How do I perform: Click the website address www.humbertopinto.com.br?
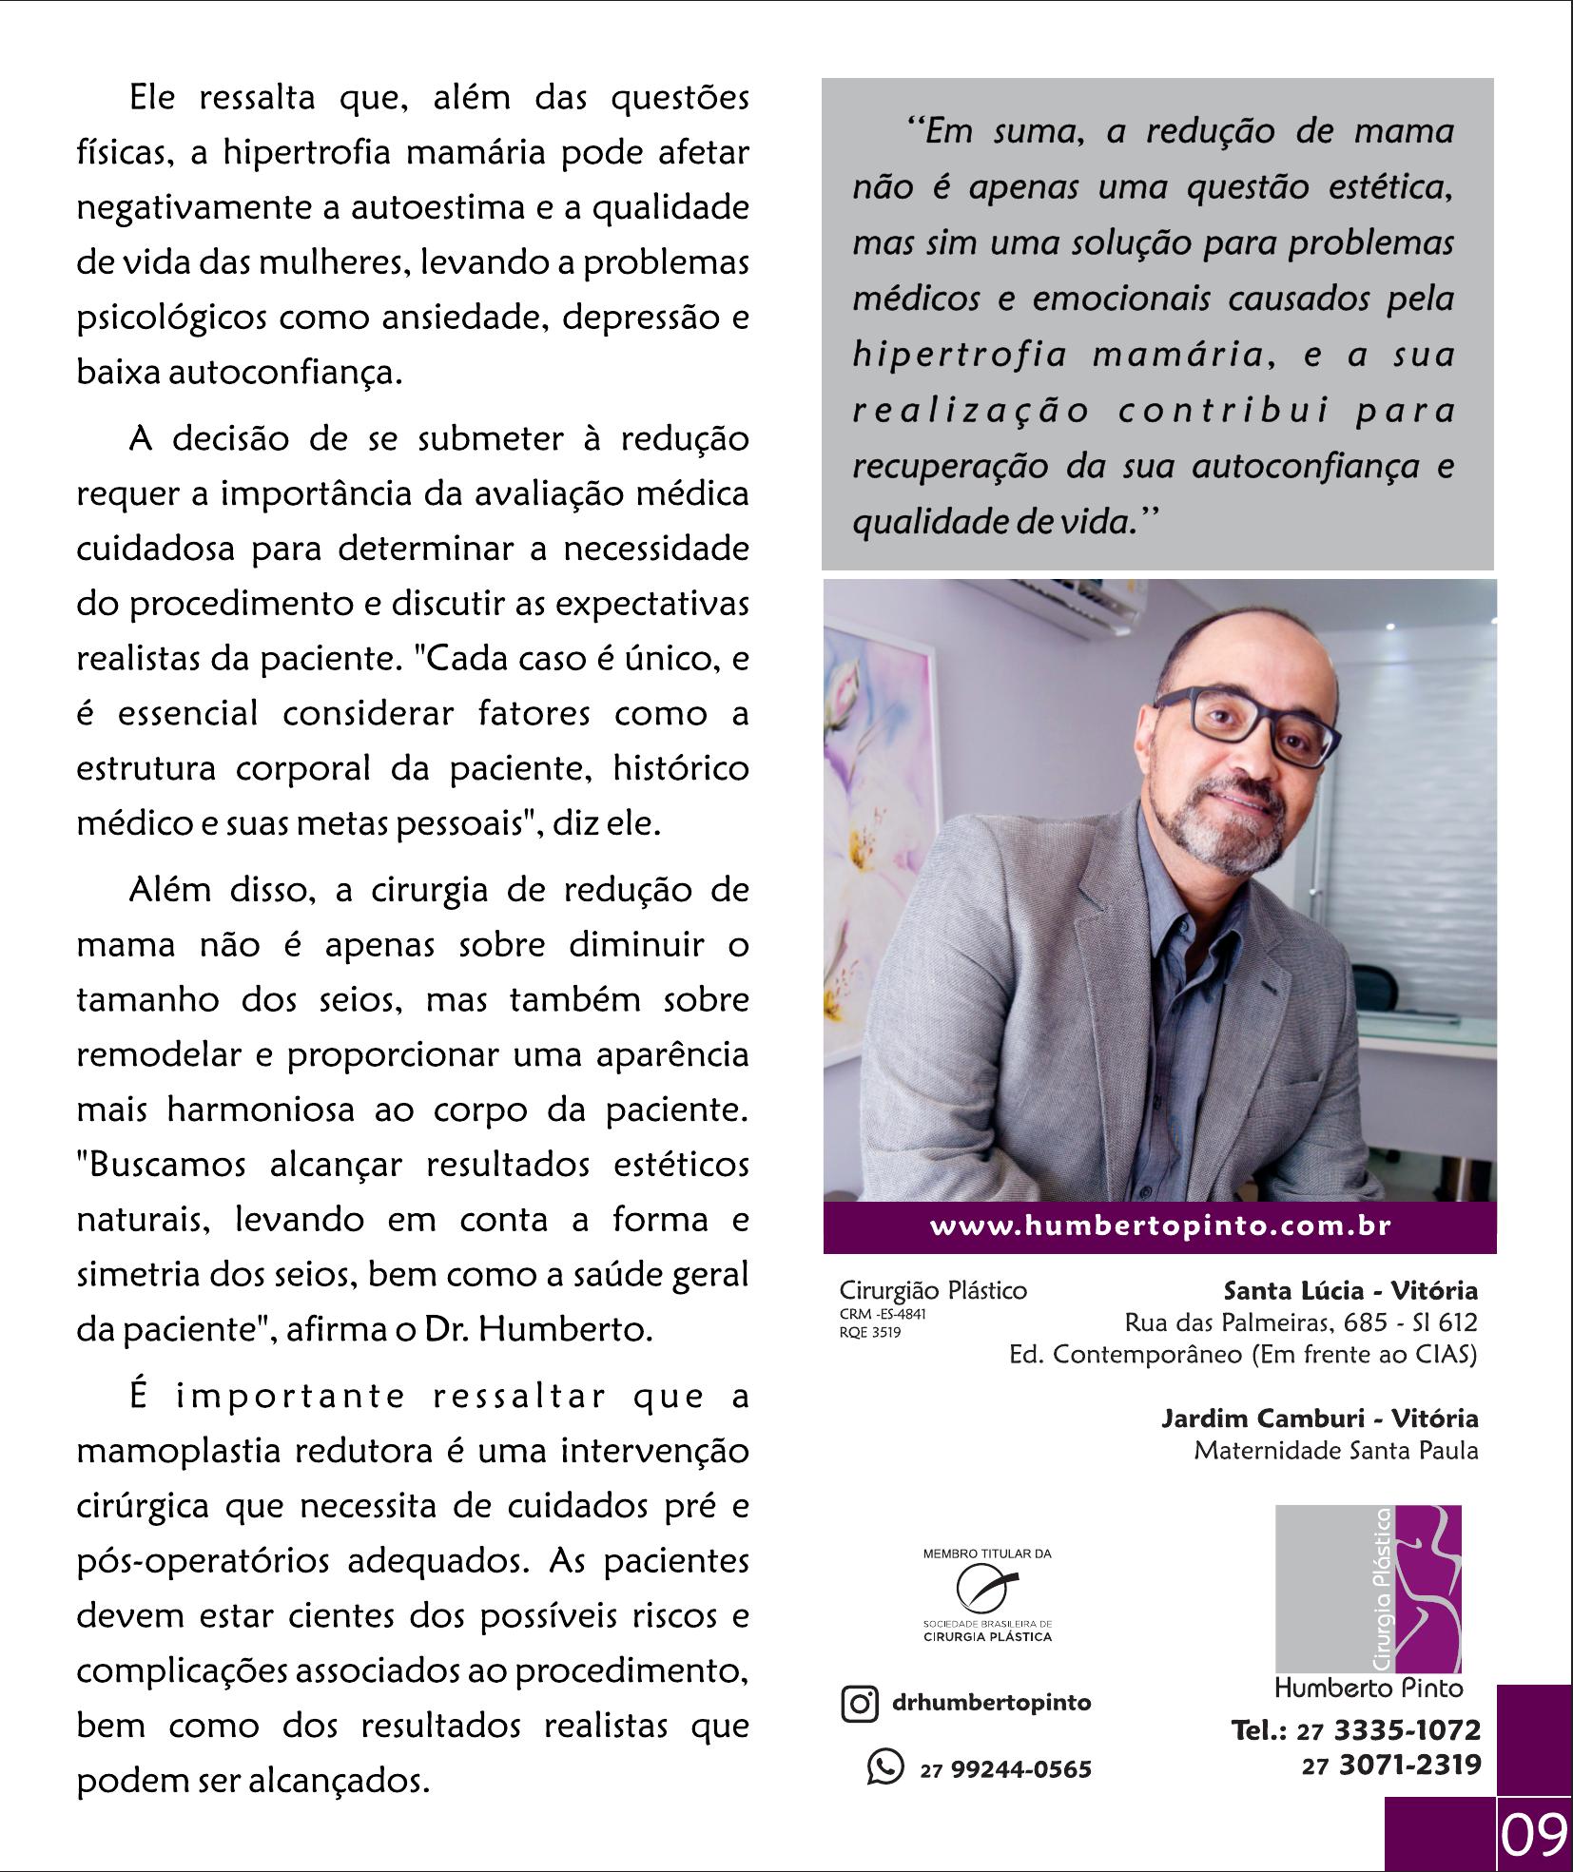click(x=1160, y=1226)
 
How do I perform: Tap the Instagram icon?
click(x=859, y=1703)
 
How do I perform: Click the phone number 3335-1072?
click(x=1408, y=1730)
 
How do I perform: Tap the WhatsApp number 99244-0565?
click(x=1020, y=1769)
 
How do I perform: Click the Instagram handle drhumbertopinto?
click(x=991, y=1703)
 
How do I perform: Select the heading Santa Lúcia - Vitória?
click(x=1350, y=1291)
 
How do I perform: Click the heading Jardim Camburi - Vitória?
click(x=1319, y=1418)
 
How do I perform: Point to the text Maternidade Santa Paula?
click(x=1335, y=1451)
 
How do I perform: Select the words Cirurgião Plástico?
click(x=933, y=1291)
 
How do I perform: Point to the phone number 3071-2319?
click(x=1409, y=1766)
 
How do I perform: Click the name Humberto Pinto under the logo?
click(x=1368, y=1689)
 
